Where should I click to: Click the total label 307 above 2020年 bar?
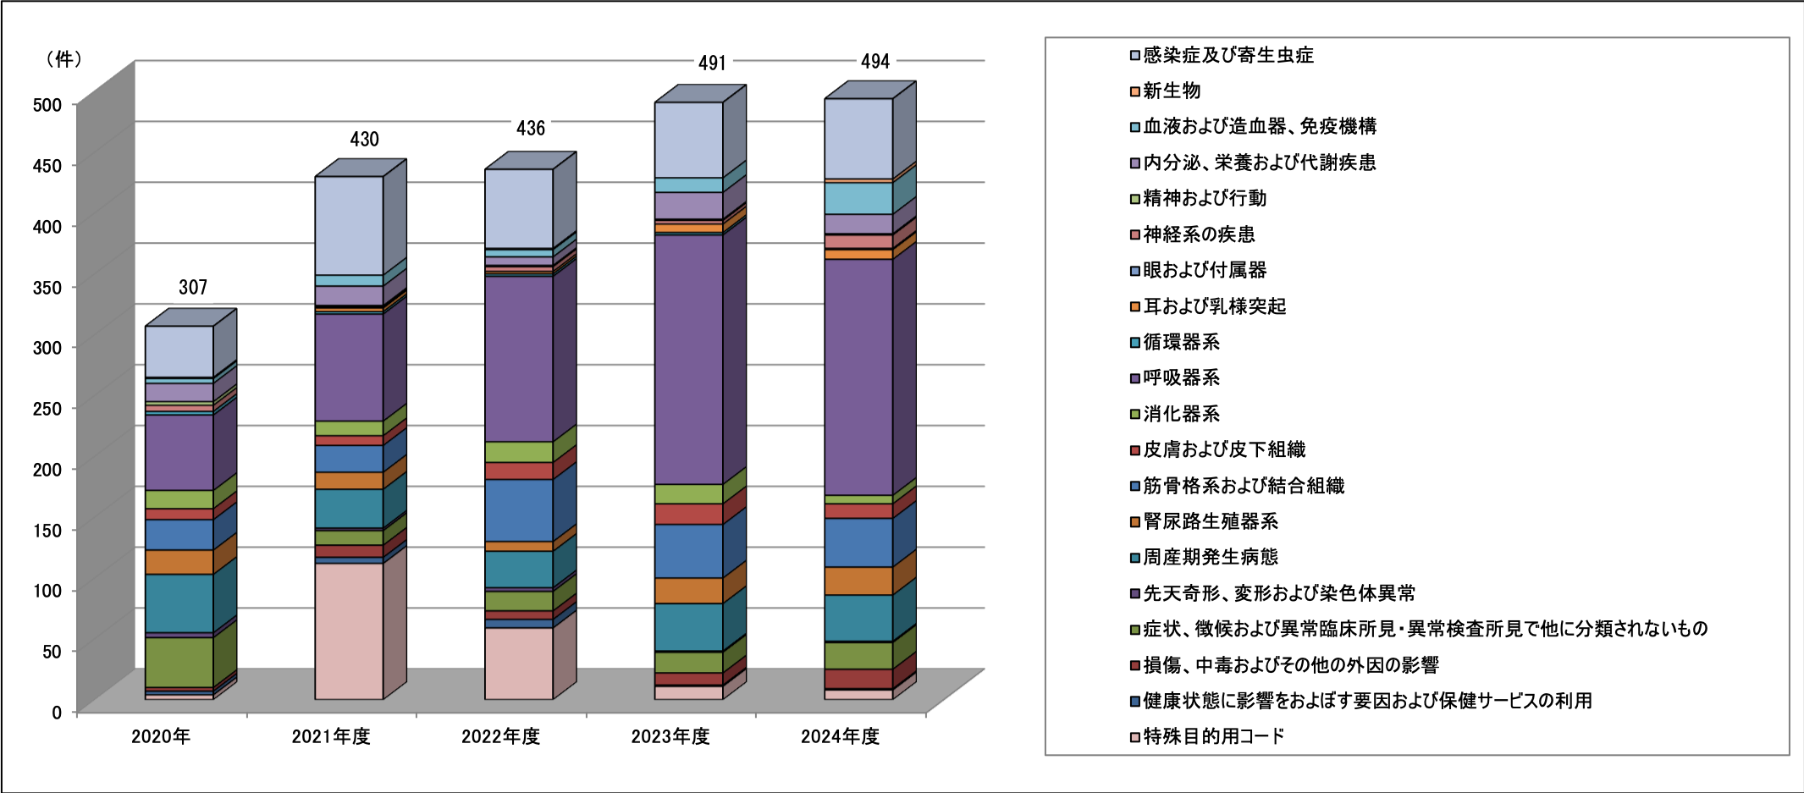point(193,288)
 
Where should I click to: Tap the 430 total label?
point(364,140)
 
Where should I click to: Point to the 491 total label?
point(712,63)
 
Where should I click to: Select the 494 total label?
point(875,62)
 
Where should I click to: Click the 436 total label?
point(531,129)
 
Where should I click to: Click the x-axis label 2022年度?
point(500,736)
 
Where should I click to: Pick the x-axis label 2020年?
point(161,736)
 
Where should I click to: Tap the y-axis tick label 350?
point(47,287)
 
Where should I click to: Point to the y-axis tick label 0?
point(57,713)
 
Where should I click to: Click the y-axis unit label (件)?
point(64,59)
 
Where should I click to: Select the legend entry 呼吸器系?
point(1181,377)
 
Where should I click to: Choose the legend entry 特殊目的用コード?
point(1213,736)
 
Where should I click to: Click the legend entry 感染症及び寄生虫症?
point(1227,55)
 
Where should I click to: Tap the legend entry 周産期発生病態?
point(1210,557)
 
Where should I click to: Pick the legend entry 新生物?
point(1172,91)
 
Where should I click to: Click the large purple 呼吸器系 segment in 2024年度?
point(858,377)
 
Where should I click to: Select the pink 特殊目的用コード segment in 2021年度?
point(349,631)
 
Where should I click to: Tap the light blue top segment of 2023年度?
point(688,140)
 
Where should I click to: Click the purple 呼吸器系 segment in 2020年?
point(179,452)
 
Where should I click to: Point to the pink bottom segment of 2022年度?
point(518,663)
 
